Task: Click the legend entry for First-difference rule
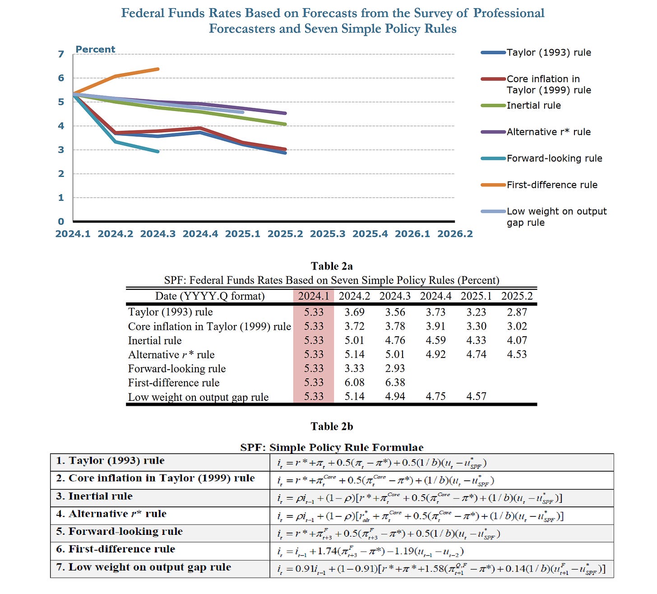(552, 185)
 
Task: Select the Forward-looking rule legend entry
(554, 158)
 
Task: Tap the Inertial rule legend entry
(533, 106)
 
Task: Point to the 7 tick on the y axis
(61, 54)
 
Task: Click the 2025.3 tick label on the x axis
(328, 234)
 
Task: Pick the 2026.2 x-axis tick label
(455, 234)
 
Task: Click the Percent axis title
(95, 49)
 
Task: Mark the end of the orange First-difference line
(158, 69)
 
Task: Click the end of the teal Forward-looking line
(158, 151)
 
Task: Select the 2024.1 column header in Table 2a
(314, 296)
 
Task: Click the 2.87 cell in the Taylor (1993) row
(517, 312)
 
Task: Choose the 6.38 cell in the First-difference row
(395, 382)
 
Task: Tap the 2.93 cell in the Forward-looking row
(395, 368)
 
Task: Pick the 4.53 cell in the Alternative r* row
(517, 354)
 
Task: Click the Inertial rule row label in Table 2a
(155, 340)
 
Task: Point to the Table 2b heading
(332, 427)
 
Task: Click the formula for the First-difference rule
(370, 551)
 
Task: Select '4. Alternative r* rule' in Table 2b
(111, 514)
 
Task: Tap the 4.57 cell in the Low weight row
(476, 396)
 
